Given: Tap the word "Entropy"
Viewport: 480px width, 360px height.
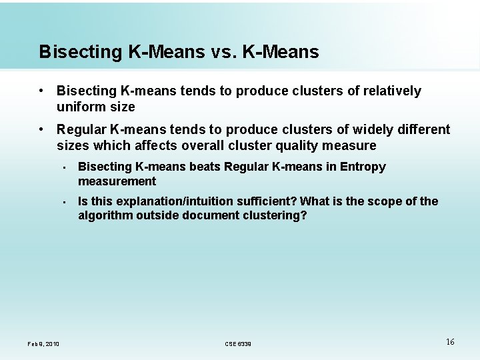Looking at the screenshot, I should point(363,167).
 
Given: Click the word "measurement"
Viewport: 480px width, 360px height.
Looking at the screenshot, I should point(117,181).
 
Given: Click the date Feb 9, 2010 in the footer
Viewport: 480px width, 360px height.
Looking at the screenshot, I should point(43,343).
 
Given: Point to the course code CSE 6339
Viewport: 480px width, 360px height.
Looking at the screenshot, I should point(238,343).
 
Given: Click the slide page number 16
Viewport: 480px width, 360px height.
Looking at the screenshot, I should point(450,341).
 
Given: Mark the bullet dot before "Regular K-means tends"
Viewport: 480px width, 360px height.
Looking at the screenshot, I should point(41,129).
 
